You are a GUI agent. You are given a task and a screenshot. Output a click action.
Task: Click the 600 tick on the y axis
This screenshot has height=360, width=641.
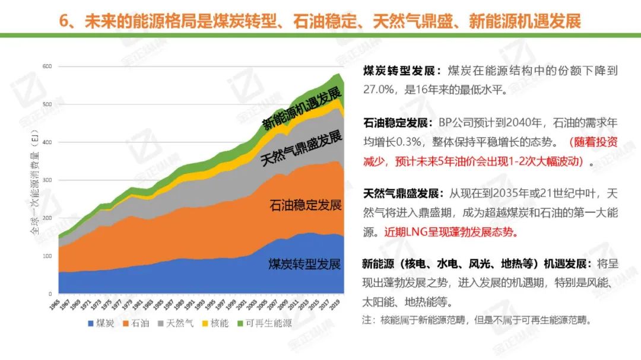click(x=47, y=66)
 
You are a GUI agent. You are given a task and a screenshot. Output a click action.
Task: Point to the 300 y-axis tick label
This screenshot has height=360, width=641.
click(x=47, y=180)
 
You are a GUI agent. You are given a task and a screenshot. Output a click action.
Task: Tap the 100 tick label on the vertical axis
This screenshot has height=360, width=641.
click(x=47, y=256)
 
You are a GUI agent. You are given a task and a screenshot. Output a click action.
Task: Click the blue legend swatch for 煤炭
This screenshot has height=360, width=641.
click(x=91, y=324)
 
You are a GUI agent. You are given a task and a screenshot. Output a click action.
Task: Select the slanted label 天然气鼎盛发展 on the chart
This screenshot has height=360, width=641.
click(x=302, y=148)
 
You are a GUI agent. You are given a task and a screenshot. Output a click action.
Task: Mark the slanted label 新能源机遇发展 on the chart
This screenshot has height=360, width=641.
click(x=302, y=107)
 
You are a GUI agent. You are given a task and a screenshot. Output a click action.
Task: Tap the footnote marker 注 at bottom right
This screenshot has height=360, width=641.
click(x=367, y=320)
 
